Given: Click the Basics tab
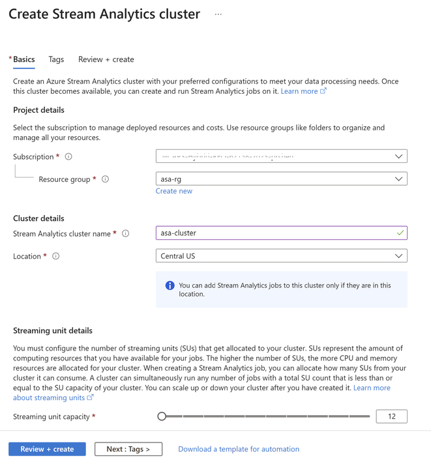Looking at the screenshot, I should pyautogui.click(x=24, y=59).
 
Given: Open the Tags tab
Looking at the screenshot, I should pyautogui.click(x=56, y=59).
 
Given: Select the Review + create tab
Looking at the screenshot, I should pyautogui.click(x=106, y=59).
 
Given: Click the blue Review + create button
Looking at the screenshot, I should pyautogui.click(x=47, y=449).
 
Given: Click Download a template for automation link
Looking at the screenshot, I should pyautogui.click(x=239, y=449).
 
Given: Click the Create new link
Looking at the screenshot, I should pyautogui.click(x=174, y=191).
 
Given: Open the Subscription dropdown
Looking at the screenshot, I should pyautogui.click(x=281, y=156).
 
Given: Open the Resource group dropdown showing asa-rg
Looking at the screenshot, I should pyautogui.click(x=281, y=179).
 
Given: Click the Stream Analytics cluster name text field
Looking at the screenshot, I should pyautogui.click(x=274, y=233).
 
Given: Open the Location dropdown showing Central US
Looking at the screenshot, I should pyautogui.click(x=281, y=256).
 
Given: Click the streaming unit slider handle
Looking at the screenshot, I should pyautogui.click(x=162, y=416).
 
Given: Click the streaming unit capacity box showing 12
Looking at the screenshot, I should pyautogui.click(x=391, y=416).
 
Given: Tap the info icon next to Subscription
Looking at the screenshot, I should pyautogui.click(x=68, y=156).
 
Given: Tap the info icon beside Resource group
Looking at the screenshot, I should pyautogui.click(x=106, y=179).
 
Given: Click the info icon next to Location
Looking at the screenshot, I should pyautogui.click(x=56, y=256).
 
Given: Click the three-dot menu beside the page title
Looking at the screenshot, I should pyautogui.click(x=218, y=14).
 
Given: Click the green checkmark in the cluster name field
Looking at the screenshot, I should pyautogui.click(x=400, y=233).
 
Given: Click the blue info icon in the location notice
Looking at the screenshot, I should pyautogui.click(x=170, y=285).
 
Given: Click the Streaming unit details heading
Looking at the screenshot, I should pyautogui.click(x=53, y=330).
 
